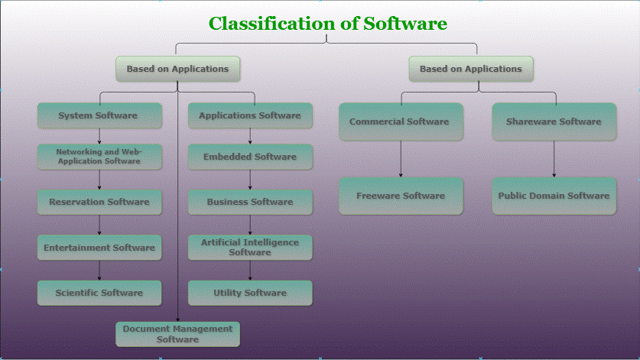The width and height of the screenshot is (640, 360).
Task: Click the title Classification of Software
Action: coord(327,24)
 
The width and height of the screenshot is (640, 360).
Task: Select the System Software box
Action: coord(99,115)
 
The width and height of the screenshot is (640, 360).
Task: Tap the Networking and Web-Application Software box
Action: coord(99,157)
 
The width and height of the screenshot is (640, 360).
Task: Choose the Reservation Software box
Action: coord(99,202)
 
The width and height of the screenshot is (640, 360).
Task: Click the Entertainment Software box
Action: coord(99,248)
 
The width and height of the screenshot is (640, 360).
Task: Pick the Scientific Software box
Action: coord(99,293)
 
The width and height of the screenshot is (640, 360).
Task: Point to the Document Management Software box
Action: coord(177,334)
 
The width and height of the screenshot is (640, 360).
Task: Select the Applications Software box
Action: coord(250,115)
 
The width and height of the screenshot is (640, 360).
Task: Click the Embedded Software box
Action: coord(250,157)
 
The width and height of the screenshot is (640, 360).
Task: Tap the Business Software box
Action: coord(250,202)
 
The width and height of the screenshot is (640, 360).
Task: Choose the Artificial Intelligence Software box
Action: coord(250,247)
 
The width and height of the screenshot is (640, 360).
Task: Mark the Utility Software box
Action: coord(250,293)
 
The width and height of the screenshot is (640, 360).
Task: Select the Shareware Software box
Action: coord(554,122)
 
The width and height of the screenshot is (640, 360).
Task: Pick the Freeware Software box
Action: coord(401,196)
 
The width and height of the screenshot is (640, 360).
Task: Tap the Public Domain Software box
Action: coord(554,196)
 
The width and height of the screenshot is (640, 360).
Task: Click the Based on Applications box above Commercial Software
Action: coord(471,69)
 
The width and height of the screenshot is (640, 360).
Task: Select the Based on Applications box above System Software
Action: coord(177,69)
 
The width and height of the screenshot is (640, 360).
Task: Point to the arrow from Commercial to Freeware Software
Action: coord(401,159)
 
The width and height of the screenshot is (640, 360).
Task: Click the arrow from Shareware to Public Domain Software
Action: coord(554,159)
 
